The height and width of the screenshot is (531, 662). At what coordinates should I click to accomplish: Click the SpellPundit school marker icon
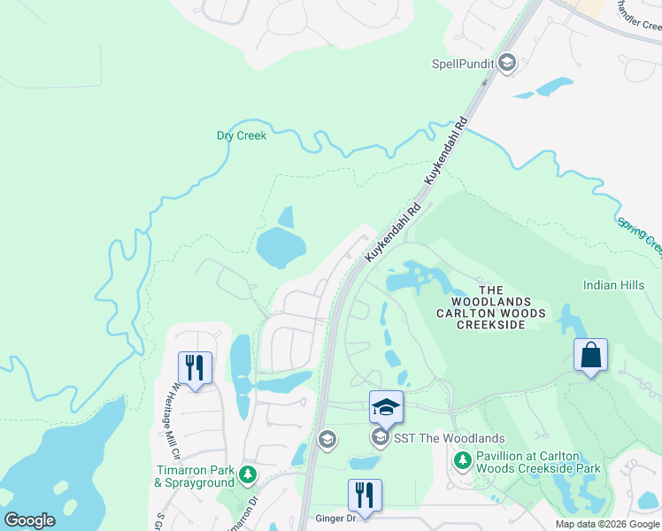tap(507, 63)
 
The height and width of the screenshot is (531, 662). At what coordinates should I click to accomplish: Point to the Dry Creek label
tap(241, 135)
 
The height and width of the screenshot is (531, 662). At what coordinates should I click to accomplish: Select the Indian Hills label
tap(612, 285)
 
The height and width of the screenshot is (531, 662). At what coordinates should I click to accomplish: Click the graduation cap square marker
tap(386, 406)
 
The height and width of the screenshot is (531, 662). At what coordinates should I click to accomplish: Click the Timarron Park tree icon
tap(249, 475)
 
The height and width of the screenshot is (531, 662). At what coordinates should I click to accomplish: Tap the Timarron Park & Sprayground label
tap(194, 475)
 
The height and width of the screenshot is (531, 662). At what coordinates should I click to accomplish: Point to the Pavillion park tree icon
tap(462, 460)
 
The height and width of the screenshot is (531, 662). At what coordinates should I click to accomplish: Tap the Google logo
tap(28, 520)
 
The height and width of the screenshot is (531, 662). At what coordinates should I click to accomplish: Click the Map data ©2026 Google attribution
tap(606, 525)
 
